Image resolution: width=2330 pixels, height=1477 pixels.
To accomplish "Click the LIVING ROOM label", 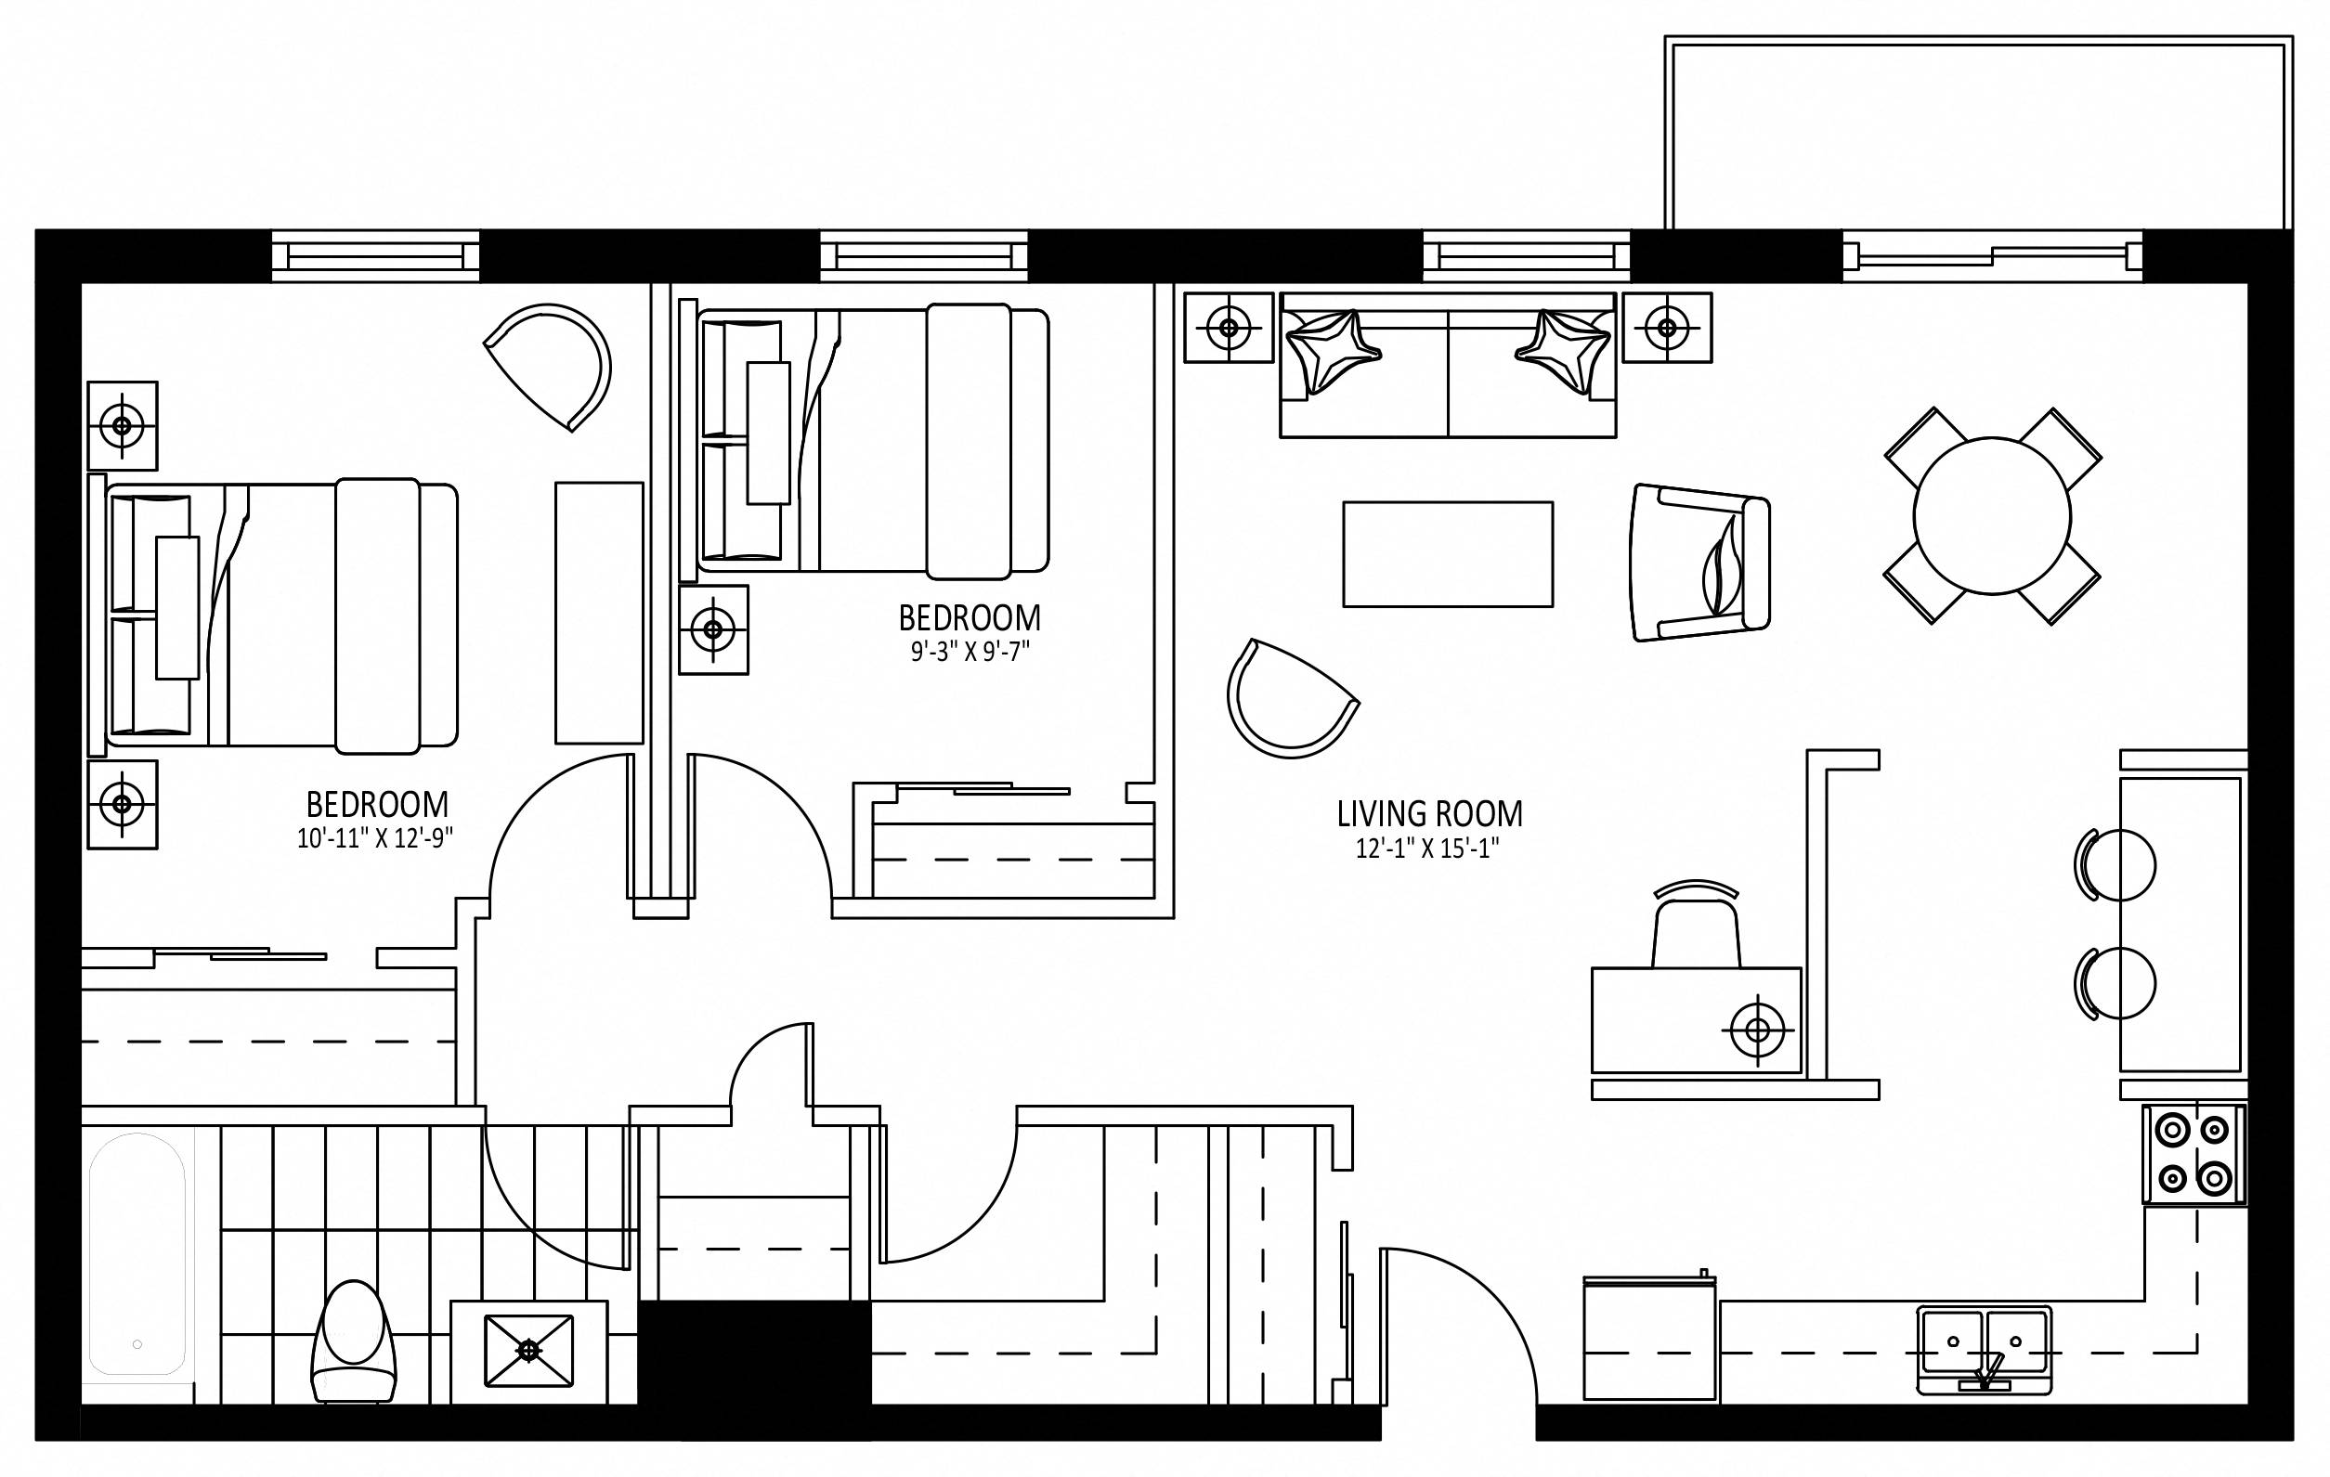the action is coord(1429,813).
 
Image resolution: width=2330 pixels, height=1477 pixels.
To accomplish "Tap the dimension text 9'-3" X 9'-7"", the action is coord(970,652).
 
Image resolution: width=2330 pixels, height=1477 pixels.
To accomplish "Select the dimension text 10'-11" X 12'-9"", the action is coord(375,837).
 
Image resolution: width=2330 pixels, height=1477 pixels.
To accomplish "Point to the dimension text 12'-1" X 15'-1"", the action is coord(1427,849).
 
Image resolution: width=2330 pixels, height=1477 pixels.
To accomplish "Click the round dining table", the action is coord(1992,515).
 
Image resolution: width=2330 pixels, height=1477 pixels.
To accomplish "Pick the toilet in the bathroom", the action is coord(353,1341).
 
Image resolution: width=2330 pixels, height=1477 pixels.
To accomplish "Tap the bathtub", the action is coord(137,1253).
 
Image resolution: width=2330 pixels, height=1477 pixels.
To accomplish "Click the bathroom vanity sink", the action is coord(528,1351).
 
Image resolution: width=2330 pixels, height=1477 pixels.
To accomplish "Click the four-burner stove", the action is coord(2193,1154).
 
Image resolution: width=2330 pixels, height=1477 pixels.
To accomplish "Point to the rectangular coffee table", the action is coord(1448,554).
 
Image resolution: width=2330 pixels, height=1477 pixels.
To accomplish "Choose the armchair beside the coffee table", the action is coord(1700,562).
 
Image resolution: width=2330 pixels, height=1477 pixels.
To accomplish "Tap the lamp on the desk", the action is coord(1757,1030).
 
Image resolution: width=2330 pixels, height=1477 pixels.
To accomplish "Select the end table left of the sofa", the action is coord(1229,327).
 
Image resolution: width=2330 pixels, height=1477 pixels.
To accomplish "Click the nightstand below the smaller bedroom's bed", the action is coord(713,629).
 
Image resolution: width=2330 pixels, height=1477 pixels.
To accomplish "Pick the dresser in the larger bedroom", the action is coord(599,614).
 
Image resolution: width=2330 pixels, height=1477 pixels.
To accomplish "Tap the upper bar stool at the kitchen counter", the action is coord(2116,864).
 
